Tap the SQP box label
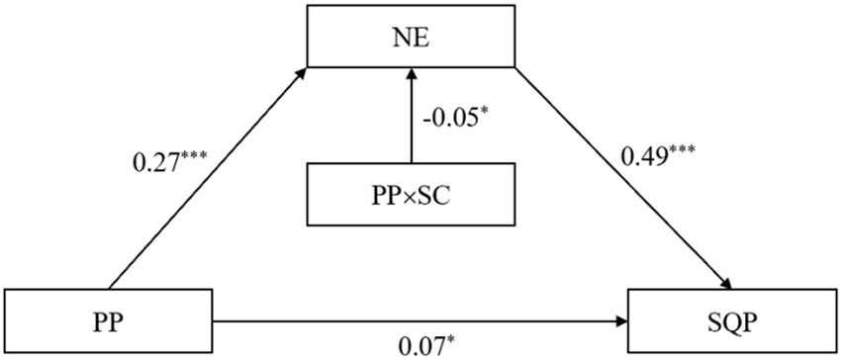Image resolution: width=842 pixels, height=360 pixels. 734,321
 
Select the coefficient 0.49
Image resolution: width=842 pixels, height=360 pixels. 645,156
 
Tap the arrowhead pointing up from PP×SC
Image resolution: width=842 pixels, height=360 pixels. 411,75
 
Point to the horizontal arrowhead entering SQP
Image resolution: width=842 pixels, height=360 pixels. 625,320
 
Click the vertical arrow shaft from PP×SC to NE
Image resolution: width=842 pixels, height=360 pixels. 411,124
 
